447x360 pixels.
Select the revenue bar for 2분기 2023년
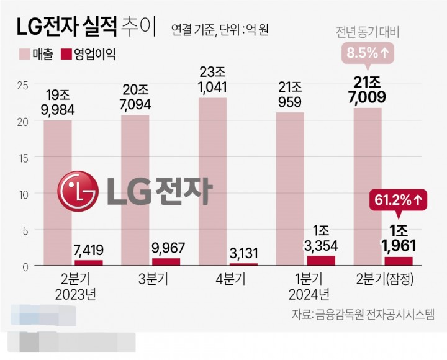(x=57, y=192)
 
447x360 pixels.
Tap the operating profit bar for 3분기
(x=166, y=262)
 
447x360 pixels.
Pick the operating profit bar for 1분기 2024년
(x=321, y=261)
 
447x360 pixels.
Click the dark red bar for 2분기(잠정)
(x=399, y=261)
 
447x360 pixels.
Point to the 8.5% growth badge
(x=368, y=54)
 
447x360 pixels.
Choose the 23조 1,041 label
(x=212, y=80)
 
